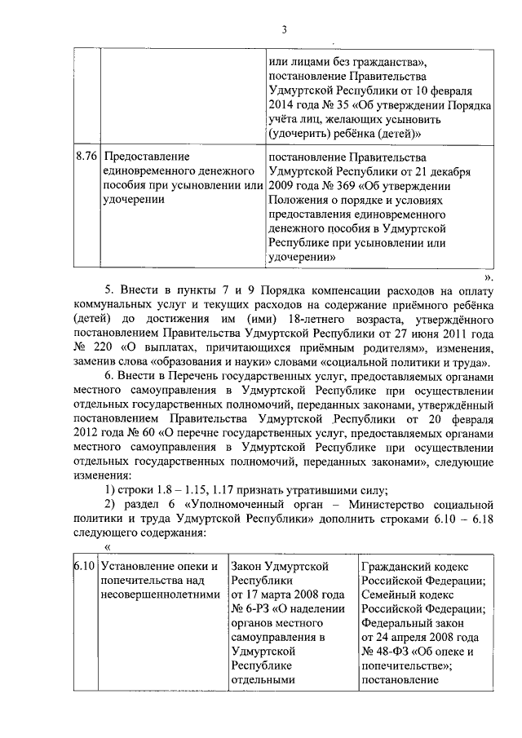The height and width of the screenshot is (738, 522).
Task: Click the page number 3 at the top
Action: click(x=285, y=30)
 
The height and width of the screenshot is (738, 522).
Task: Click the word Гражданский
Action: click(x=394, y=565)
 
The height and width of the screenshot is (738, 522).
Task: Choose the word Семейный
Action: click(x=387, y=594)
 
